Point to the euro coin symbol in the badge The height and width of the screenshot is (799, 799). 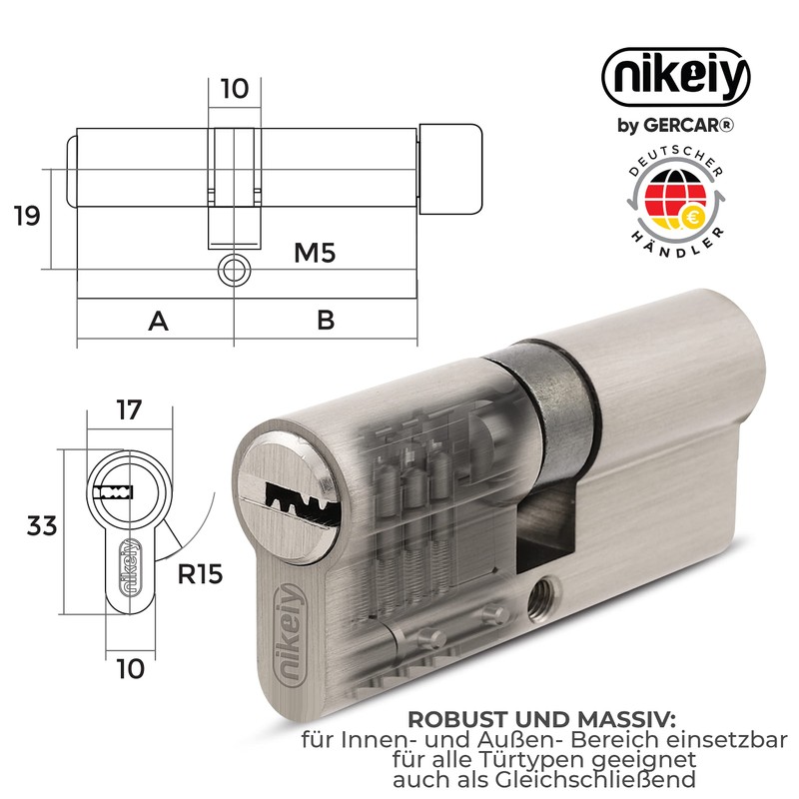coord(691,216)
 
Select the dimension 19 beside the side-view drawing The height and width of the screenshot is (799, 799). coord(27,215)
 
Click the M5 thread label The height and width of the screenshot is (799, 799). coord(313,253)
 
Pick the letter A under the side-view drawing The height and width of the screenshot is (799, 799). coord(157,321)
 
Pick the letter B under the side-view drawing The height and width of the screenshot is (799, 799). coord(325,321)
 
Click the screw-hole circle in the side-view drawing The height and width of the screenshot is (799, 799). coord(234,270)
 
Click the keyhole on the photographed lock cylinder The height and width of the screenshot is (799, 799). coord(297,493)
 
